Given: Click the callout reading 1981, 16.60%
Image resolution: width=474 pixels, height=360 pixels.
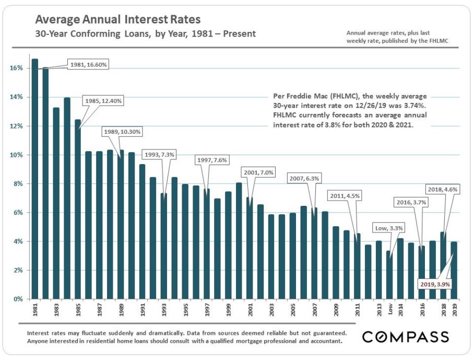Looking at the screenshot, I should (89, 65).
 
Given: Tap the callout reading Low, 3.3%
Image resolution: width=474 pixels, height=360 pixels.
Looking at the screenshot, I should (389, 228).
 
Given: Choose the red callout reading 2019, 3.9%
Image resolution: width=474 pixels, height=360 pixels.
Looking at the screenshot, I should (435, 284).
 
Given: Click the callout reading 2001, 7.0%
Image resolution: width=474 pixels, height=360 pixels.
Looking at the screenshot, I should (258, 172).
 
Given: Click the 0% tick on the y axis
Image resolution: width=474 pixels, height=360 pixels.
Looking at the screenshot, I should (17, 299).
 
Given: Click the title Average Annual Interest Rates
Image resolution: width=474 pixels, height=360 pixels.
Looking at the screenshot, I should (118, 20).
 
